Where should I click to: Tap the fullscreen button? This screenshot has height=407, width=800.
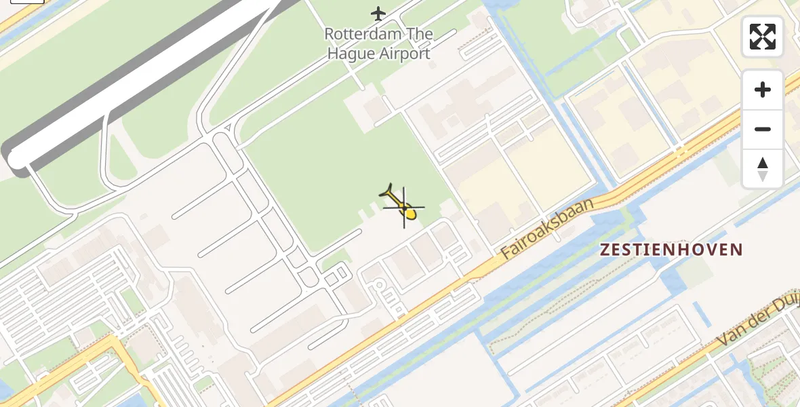coord(763,37)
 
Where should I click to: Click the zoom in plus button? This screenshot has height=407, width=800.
coord(763,90)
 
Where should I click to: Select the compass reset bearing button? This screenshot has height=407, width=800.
coord(763,169)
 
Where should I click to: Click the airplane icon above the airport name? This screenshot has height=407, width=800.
coord(378,13)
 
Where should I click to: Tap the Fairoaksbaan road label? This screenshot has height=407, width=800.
coord(548,228)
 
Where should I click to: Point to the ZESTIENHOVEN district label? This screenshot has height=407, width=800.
coord(671,250)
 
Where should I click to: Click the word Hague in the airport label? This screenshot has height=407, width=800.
coord(350,54)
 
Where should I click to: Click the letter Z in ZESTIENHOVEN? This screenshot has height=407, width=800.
coord(605,250)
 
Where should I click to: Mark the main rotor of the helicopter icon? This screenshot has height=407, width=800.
coord(405,206)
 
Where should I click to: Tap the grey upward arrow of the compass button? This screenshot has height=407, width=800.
coord(763,163)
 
